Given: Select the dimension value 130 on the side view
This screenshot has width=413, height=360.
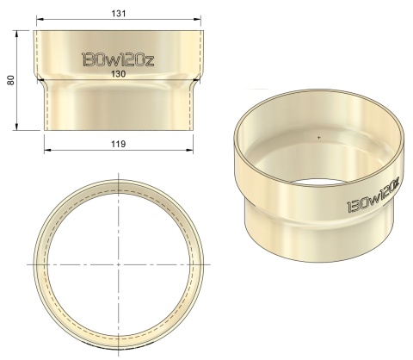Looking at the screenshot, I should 120,75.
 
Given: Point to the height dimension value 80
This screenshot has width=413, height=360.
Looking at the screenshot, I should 9,79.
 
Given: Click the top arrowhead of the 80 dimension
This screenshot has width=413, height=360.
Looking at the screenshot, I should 17,33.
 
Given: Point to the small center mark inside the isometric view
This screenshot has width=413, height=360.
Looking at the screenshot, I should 318,137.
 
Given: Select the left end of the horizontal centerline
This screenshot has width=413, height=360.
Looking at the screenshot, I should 28,261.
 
